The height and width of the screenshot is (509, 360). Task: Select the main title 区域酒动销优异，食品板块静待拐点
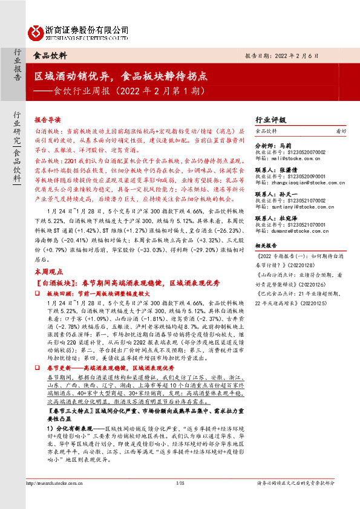point(121,77)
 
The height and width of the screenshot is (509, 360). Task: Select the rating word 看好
point(341,131)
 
